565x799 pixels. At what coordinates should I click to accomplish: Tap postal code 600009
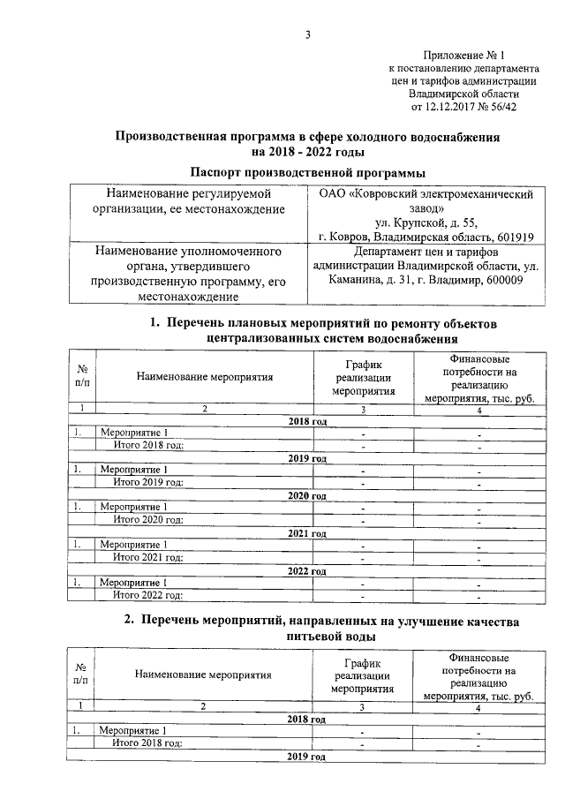[499, 280]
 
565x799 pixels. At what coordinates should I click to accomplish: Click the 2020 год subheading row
[307, 496]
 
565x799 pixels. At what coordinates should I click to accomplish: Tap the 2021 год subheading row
[307, 533]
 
